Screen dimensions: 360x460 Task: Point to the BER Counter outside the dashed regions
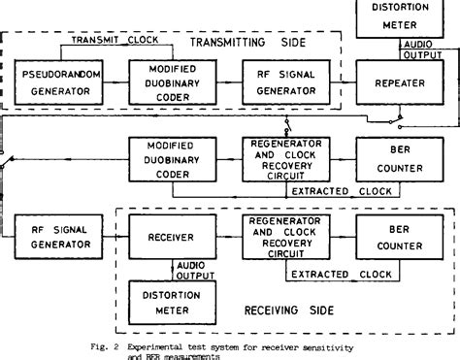tap(400, 158)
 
